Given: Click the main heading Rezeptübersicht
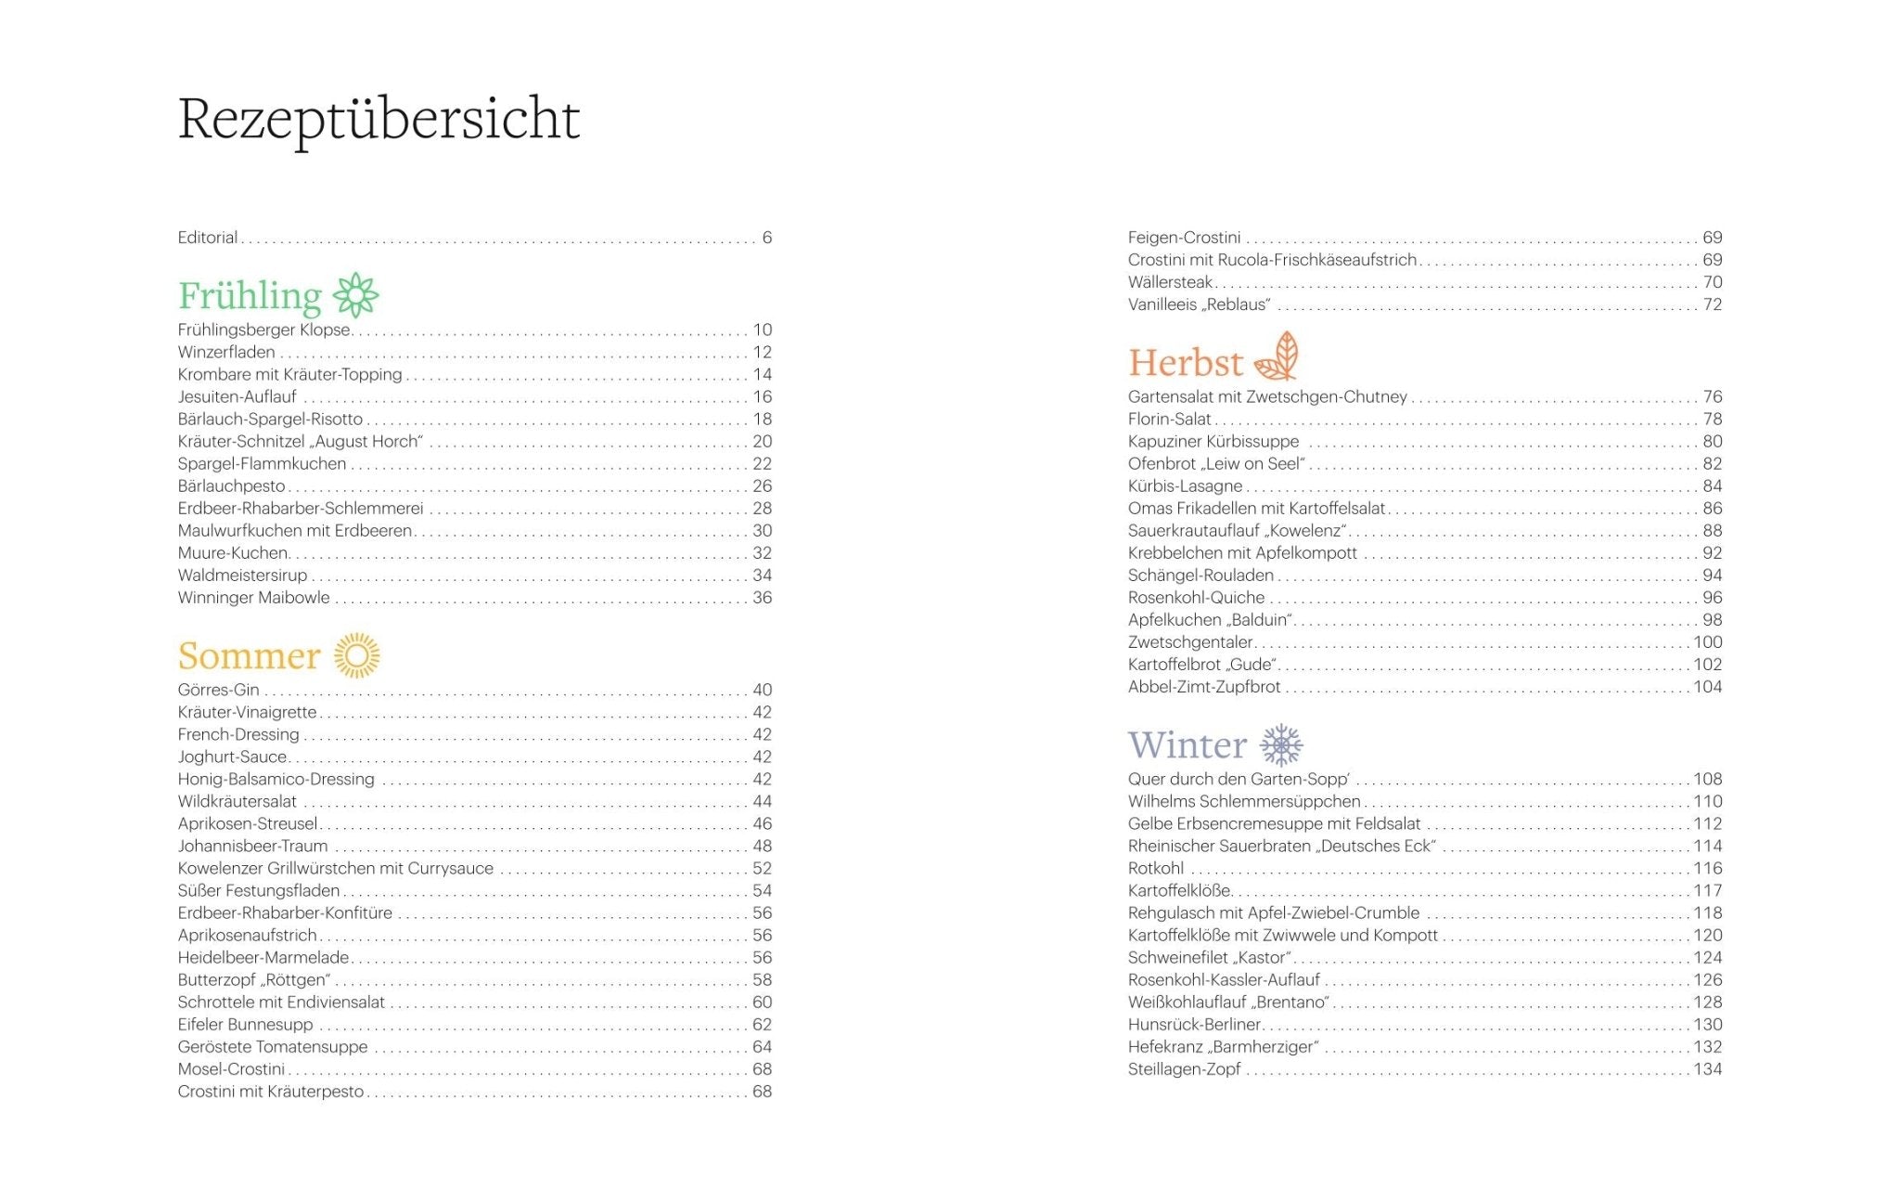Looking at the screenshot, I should click(379, 119).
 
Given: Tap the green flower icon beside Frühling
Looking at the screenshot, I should click(356, 296).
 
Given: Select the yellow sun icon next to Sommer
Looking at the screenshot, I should click(357, 655).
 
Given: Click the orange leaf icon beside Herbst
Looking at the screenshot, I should click(1277, 356).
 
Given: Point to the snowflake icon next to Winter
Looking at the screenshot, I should click(1281, 744).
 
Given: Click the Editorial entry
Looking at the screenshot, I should click(208, 238).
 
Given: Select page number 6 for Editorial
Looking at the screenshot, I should click(766, 238).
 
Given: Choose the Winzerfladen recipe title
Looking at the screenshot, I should click(226, 353).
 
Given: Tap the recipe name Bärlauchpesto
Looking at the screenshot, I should click(232, 486).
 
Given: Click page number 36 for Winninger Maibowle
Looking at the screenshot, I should click(762, 598).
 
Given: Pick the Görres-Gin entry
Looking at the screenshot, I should click(219, 690).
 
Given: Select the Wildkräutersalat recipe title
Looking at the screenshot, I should click(237, 801).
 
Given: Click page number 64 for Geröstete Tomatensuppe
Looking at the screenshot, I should click(762, 1047).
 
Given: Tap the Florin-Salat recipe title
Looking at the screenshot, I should click(1170, 420).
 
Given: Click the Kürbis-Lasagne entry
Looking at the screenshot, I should click(1185, 486).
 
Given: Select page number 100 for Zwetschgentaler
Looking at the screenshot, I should click(1707, 642).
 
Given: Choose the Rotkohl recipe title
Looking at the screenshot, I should click(1156, 869).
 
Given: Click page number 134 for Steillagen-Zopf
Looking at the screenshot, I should click(1707, 1069).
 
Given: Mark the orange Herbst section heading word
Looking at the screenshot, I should click(1186, 363).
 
